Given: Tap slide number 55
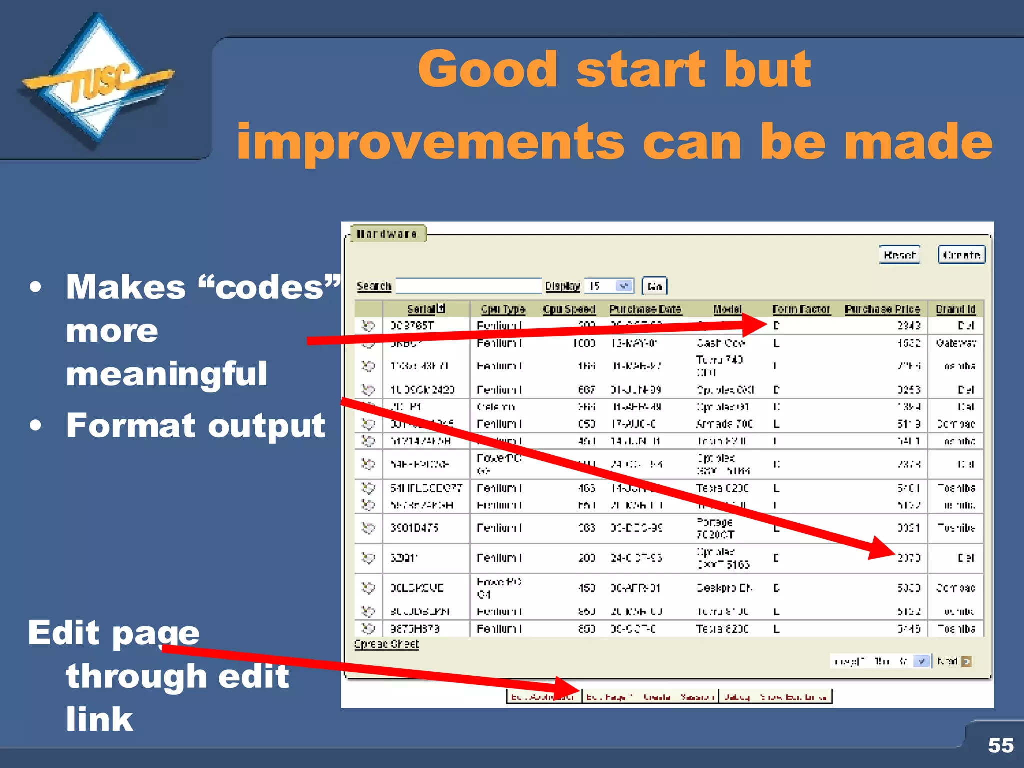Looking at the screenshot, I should (x=1000, y=745).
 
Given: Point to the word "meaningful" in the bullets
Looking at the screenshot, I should (x=167, y=374).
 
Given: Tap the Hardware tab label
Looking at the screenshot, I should (x=387, y=234).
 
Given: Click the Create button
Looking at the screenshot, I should (x=961, y=255).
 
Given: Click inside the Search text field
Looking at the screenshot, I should (x=468, y=286).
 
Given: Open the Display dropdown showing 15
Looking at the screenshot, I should (x=609, y=286).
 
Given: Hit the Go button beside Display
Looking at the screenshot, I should (x=654, y=286).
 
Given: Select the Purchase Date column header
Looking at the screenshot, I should (x=645, y=309).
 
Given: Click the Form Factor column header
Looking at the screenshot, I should (x=801, y=309).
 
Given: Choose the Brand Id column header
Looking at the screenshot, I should (x=955, y=309).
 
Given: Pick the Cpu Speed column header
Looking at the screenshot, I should (x=569, y=309).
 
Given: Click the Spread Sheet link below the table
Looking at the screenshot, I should (x=386, y=644).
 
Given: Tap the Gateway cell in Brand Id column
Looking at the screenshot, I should (x=956, y=343).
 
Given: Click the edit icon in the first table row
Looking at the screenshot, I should (x=368, y=326).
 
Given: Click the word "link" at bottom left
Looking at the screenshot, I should (x=100, y=719).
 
